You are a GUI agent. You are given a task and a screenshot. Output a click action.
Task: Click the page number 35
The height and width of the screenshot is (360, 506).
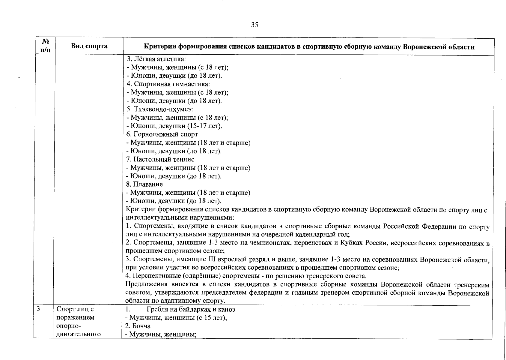click(254, 25)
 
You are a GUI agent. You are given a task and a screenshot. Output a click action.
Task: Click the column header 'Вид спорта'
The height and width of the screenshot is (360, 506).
click(89, 46)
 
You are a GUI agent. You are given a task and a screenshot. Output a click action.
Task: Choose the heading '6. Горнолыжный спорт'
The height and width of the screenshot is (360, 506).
click(162, 134)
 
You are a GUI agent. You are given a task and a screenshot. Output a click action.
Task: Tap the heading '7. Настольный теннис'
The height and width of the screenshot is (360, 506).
click(160, 159)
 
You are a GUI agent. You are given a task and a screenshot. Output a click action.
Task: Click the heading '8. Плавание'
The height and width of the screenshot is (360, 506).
click(144, 184)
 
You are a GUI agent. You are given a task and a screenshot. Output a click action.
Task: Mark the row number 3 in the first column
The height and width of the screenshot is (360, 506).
click(38, 309)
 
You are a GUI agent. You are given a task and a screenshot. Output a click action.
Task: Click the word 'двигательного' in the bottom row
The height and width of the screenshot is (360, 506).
click(78, 334)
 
